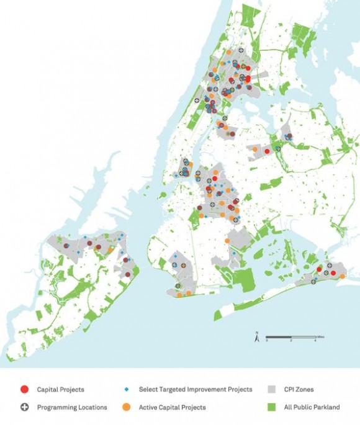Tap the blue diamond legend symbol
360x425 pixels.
[125, 390]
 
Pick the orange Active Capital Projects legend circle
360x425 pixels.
[125, 408]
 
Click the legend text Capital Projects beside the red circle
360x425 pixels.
[61, 390]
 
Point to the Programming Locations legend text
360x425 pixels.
[72, 408]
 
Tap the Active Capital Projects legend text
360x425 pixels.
[172, 408]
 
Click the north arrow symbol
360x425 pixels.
[256, 338]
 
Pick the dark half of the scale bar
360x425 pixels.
[279, 336]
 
